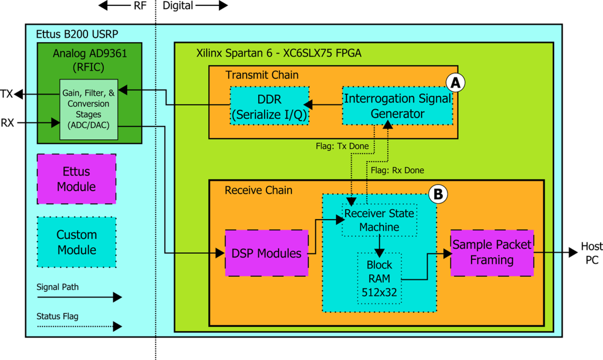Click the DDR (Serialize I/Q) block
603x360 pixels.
pos(269,106)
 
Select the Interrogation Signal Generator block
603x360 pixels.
pos(397,106)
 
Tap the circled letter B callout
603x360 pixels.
pos(438,194)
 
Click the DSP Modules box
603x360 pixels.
pos(267,253)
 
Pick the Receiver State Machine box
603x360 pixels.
pos(379,221)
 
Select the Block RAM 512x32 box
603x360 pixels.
pos(379,278)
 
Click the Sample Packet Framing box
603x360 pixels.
pos(492,253)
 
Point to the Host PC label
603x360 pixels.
pos(591,253)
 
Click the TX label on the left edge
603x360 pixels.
pos(7,93)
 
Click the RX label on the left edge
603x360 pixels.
pos(7,123)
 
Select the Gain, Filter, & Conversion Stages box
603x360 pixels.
pos(89,109)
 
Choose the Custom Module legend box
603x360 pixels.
pos(76,242)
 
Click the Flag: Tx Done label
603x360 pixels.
pos(342,146)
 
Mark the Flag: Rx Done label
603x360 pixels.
pos(398,170)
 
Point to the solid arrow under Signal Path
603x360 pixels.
pos(79,297)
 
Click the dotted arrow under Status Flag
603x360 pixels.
pos(79,327)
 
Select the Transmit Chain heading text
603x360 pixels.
pos(262,75)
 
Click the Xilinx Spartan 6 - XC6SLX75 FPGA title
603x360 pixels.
pos(279,52)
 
